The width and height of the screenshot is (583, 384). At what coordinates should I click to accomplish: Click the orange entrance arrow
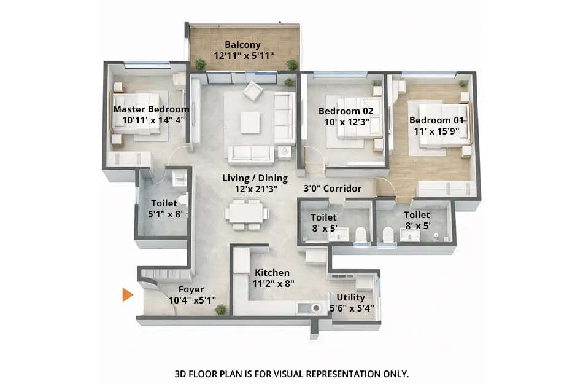tap(127, 295)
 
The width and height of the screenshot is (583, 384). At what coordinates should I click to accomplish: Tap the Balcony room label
tap(242, 45)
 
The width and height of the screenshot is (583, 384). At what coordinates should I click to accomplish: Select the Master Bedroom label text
tap(151, 109)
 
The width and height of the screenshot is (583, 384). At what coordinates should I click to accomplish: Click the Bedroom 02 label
tap(346, 111)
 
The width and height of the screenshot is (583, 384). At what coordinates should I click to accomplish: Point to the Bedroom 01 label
tap(437, 120)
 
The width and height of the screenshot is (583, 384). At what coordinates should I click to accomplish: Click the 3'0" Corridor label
tap(333, 189)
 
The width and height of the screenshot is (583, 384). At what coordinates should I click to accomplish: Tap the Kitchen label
tap(272, 273)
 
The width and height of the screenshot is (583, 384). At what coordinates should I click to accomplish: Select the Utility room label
tap(351, 297)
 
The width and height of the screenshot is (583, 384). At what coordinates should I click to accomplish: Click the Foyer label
tap(191, 289)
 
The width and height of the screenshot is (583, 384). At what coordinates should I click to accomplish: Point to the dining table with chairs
tap(246, 214)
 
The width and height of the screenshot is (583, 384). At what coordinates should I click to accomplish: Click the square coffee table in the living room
tap(250, 122)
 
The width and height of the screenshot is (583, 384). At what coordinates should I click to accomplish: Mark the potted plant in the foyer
tap(220, 309)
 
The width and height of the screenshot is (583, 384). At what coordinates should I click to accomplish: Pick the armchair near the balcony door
tap(252, 92)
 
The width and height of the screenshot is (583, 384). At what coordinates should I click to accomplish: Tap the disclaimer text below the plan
tap(291, 374)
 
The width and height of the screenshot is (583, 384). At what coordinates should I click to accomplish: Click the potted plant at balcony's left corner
tap(200, 63)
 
